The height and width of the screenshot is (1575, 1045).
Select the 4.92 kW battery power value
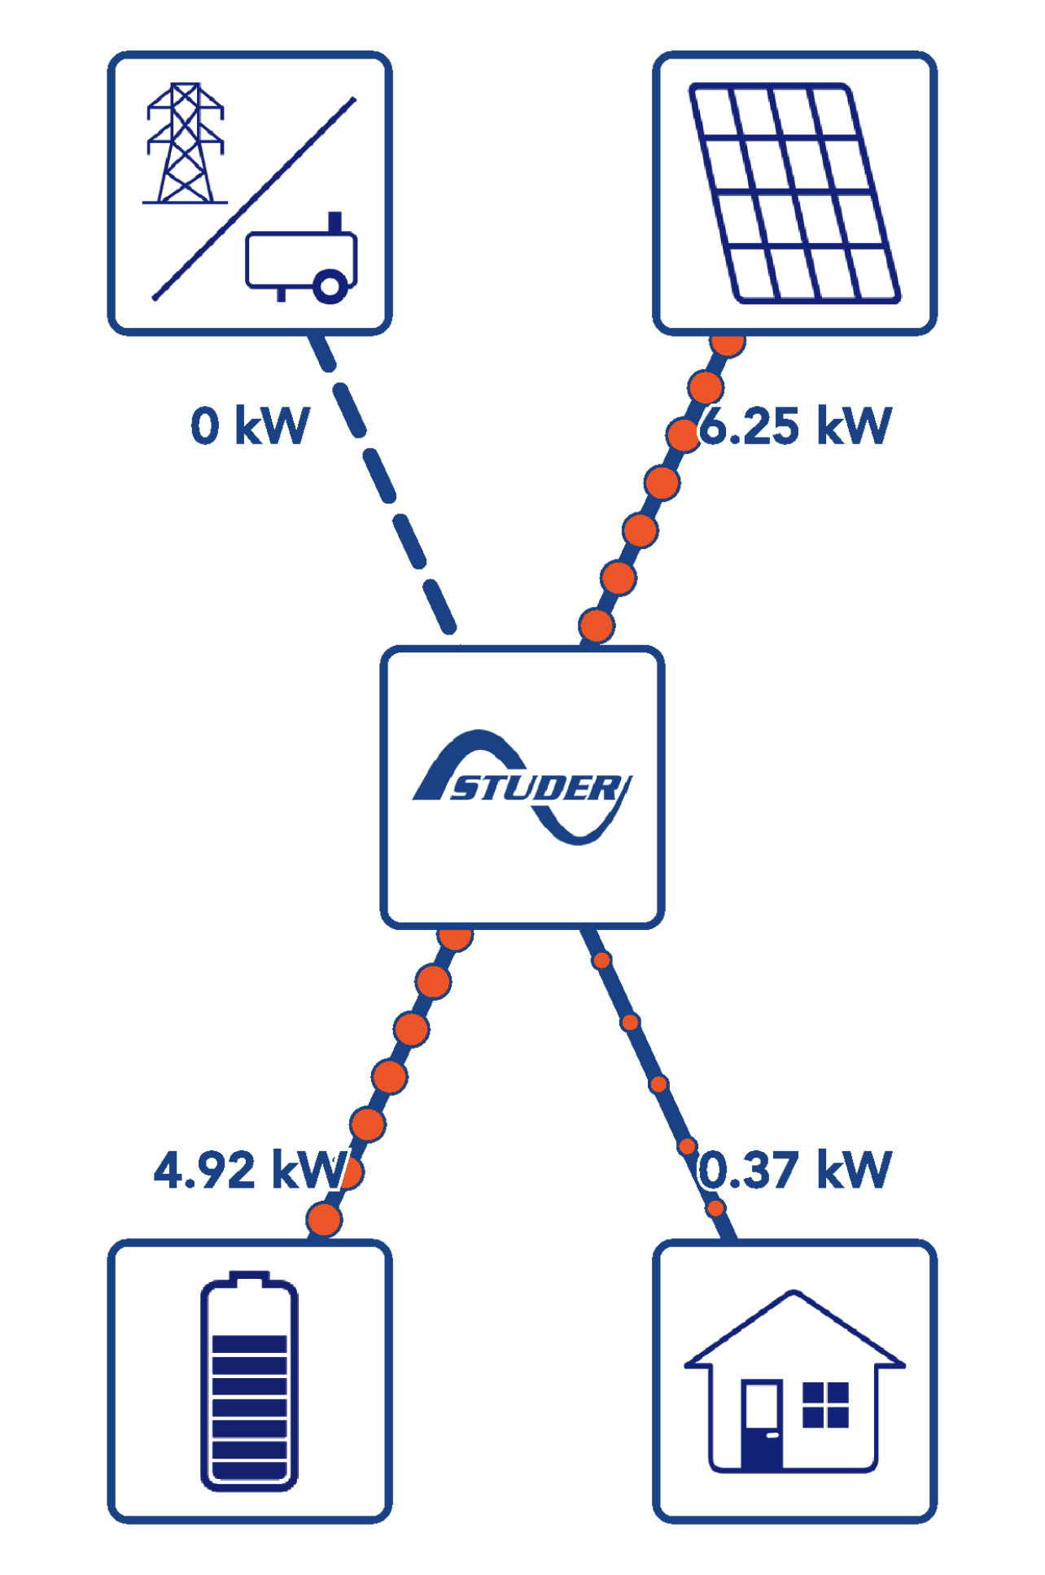(x=248, y=1170)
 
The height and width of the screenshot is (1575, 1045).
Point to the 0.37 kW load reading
(x=796, y=1170)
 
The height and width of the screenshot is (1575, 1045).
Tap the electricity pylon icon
(x=185, y=144)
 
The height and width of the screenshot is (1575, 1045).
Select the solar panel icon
(x=794, y=193)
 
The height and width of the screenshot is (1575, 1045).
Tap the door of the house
(x=761, y=1424)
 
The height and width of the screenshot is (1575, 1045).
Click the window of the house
(x=825, y=1404)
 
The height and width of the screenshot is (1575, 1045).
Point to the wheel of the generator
(x=330, y=286)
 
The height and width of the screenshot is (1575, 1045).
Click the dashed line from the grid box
(x=381, y=480)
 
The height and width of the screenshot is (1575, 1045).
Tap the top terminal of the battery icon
(x=249, y=1278)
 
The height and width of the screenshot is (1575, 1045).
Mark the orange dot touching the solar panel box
(x=728, y=342)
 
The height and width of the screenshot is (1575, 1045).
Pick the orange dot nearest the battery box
(x=324, y=1219)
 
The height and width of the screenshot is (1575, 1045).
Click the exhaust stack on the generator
(x=334, y=221)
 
